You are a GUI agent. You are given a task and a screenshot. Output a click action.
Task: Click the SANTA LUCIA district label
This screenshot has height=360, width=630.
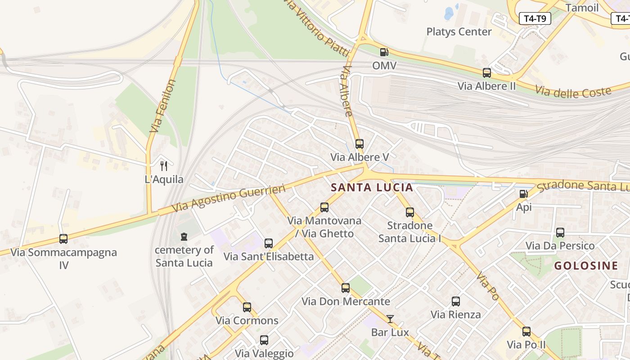372,188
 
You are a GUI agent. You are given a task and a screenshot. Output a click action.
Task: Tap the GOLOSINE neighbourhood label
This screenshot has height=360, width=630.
586,265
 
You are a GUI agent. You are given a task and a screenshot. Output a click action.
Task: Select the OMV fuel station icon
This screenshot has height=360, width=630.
384,52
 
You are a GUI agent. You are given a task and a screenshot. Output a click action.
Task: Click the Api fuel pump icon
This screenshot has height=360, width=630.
523,194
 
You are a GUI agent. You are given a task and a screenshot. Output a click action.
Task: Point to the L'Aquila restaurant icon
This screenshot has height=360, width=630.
164,166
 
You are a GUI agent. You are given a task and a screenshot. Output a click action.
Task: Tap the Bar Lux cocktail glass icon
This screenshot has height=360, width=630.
390,319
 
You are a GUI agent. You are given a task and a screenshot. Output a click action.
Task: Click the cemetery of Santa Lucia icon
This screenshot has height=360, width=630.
184,237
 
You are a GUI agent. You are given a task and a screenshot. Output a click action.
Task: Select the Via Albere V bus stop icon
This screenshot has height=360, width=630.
359,144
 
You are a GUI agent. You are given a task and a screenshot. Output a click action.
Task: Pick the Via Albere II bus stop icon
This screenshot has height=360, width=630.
486,72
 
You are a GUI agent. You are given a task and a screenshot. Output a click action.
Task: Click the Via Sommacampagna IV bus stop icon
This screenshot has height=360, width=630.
63,239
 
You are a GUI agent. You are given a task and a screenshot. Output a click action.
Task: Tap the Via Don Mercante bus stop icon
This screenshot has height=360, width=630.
346,288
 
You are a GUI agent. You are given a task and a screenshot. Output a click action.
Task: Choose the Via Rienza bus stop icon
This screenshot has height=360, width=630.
456,301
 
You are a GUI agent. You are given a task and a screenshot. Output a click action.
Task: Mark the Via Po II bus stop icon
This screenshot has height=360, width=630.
526,332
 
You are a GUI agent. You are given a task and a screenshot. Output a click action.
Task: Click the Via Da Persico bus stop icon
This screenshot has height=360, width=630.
560,233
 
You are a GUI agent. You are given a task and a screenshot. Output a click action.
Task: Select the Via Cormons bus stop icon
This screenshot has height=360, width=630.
247,307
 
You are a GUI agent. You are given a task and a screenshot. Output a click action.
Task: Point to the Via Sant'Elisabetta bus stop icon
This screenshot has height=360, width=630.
269,243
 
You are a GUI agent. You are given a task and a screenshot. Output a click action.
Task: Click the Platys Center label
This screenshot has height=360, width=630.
459,32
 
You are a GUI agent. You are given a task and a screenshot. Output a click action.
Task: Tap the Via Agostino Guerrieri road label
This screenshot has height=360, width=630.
229,198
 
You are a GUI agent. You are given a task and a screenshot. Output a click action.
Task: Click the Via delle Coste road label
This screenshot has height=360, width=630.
573,91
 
